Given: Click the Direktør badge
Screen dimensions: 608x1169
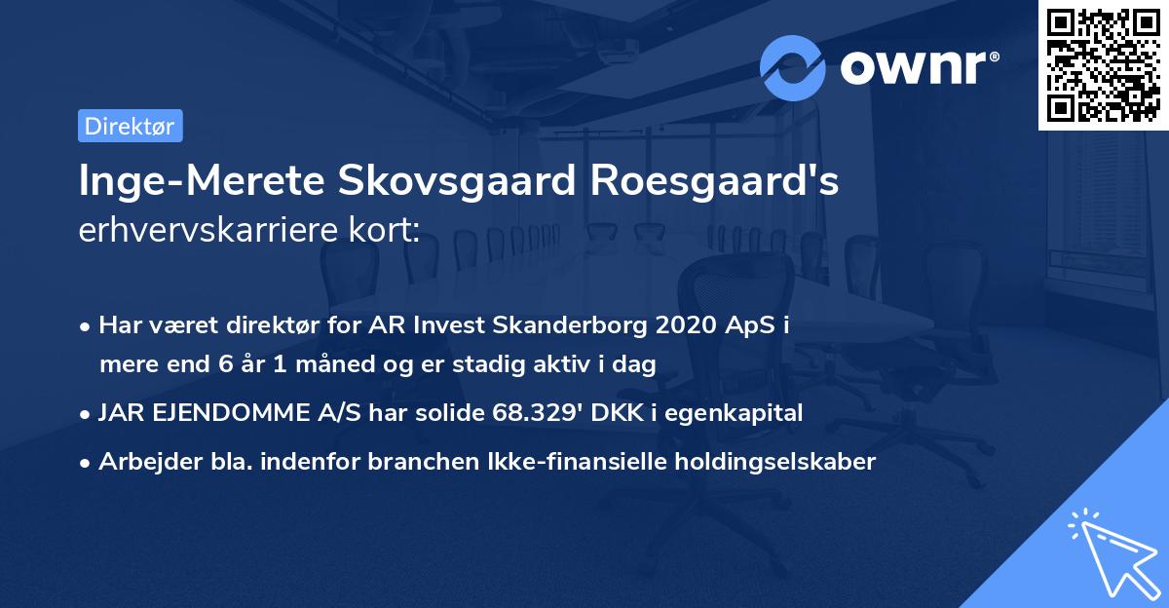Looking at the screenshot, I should point(130,126).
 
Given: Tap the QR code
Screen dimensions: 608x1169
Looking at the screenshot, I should point(1103,65).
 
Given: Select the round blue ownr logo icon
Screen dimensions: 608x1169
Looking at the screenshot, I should point(793,68).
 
